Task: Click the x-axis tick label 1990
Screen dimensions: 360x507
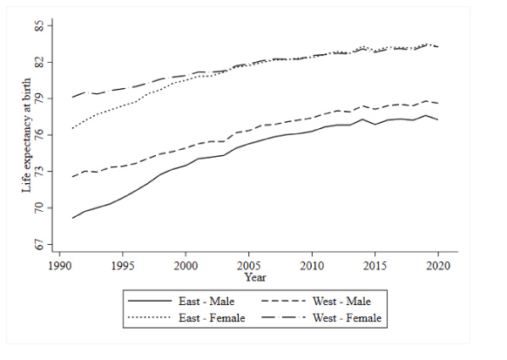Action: pyautogui.click(x=59, y=265)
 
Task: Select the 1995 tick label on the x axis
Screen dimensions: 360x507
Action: pyautogui.click(x=122, y=265)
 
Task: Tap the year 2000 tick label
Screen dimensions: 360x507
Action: pyautogui.click(x=186, y=265)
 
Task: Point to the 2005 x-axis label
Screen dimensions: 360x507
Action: pyautogui.click(x=249, y=265)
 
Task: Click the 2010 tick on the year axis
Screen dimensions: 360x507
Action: pyautogui.click(x=312, y=265)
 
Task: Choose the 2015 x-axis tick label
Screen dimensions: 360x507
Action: pyautogui.click(x=375, y=265)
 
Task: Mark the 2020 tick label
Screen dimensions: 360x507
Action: pyautogui.click(x=438, y=265)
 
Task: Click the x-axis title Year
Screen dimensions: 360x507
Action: pyautogui.click(x=255, y=277)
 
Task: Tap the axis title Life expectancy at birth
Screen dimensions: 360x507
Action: pyautogui.click(x=26, y=136)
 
